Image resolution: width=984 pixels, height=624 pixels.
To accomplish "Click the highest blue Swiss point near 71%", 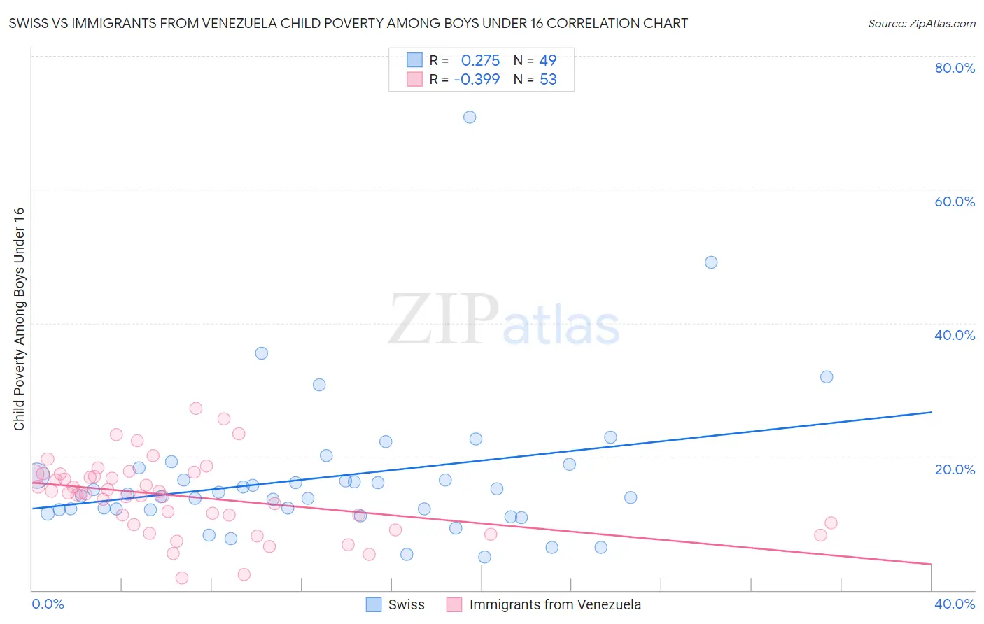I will pyautogui.click(x=470, y=117).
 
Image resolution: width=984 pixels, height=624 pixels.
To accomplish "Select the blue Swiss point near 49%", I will pyautogui.click(x=711, y=262).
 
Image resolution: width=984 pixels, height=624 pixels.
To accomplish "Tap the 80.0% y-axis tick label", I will pyautogui.click(x=955, y=68).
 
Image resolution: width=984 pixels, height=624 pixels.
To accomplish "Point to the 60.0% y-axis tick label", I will pyautogui.click(x=955, y=201).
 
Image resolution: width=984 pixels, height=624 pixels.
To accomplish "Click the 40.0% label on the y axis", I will pyautogui.click(x=955, y=335).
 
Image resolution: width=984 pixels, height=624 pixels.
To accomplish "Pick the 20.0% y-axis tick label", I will pyautogui.click(x=955, y=469).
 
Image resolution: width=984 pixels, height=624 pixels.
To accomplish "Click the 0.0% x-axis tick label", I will pyautogui.click(x=48, y=604).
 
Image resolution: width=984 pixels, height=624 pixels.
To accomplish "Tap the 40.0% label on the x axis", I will pyautogui.click(x=955, y=604).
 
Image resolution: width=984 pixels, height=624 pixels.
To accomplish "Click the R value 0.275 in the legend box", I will pyautogui.click(x=480, y=61).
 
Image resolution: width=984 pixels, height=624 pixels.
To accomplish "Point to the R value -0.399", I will pyautogui.click(x=477, y=80).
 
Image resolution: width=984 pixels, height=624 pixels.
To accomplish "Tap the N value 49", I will pyautogui.click(x=548, y=61).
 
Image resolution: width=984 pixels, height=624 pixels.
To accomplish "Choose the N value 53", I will pyautogui.click(x=548, y=80).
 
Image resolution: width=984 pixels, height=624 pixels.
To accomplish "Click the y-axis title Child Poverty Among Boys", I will pyautogui.click(x=19, y=319).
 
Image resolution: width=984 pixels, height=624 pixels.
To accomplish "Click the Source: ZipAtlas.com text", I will pyautogui.click(x=921, y=24).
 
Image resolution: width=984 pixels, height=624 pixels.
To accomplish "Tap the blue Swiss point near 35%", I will pyautogui.click(x=261, y=353).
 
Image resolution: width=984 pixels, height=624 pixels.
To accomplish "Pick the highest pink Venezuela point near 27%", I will pyautogui.click(x=196, y=408).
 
